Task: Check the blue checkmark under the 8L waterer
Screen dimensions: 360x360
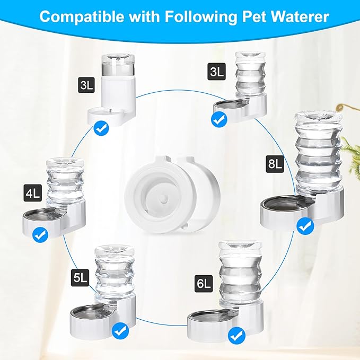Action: [x=305, y=227]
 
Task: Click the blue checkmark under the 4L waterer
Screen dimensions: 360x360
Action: [x=39, y=234]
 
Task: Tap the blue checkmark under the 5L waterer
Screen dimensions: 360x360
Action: [x=121, y=331]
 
